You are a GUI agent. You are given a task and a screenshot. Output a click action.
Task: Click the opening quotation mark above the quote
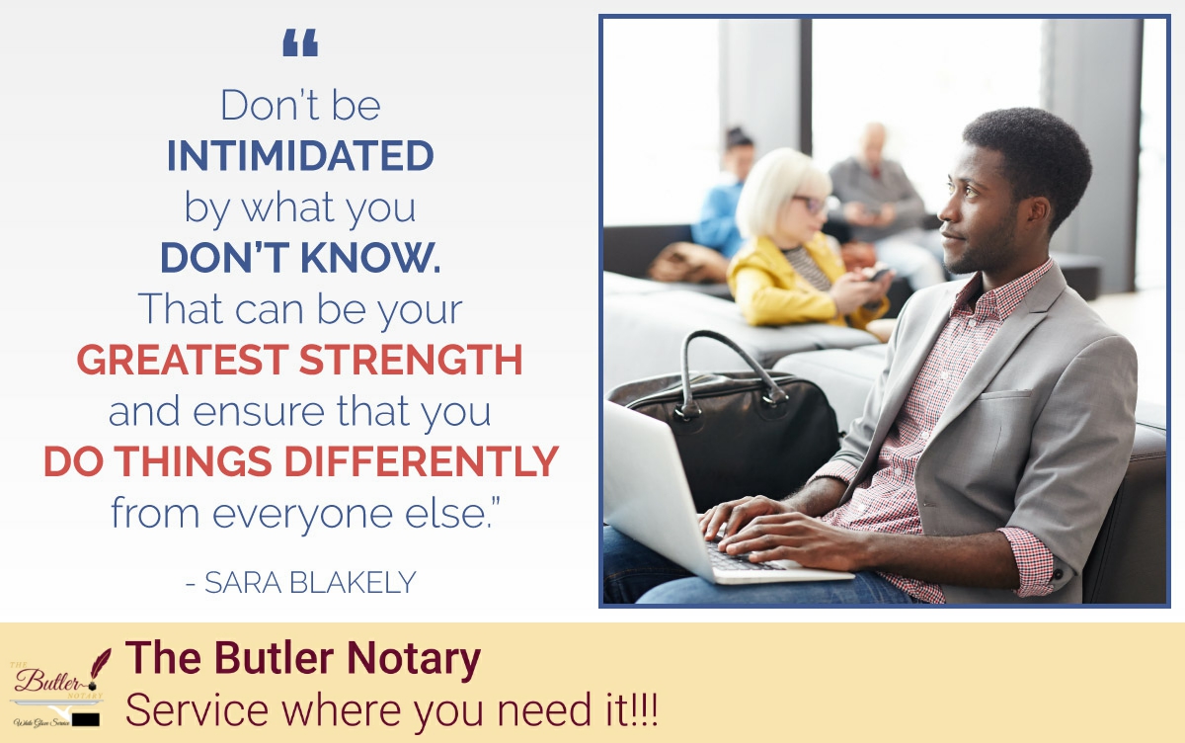(300, 42)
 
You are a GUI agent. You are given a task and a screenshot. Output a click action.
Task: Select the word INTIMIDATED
(300, 156)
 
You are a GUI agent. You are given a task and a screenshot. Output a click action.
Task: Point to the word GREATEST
(182, 361)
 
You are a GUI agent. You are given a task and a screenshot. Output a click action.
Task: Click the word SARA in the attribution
(236, 583)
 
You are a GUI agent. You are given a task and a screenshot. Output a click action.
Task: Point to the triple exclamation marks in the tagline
(643, 711)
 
